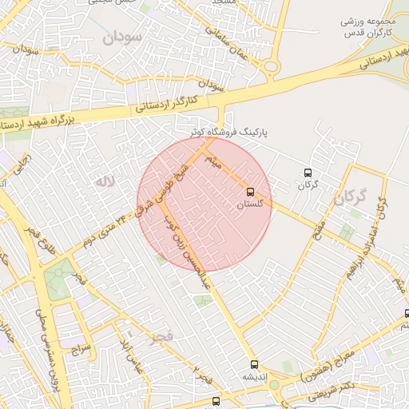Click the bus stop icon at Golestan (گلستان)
[251, 192]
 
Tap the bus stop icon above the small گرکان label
[308, 173]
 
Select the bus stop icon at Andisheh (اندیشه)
[254, 363]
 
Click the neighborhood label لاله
[102, 182]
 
